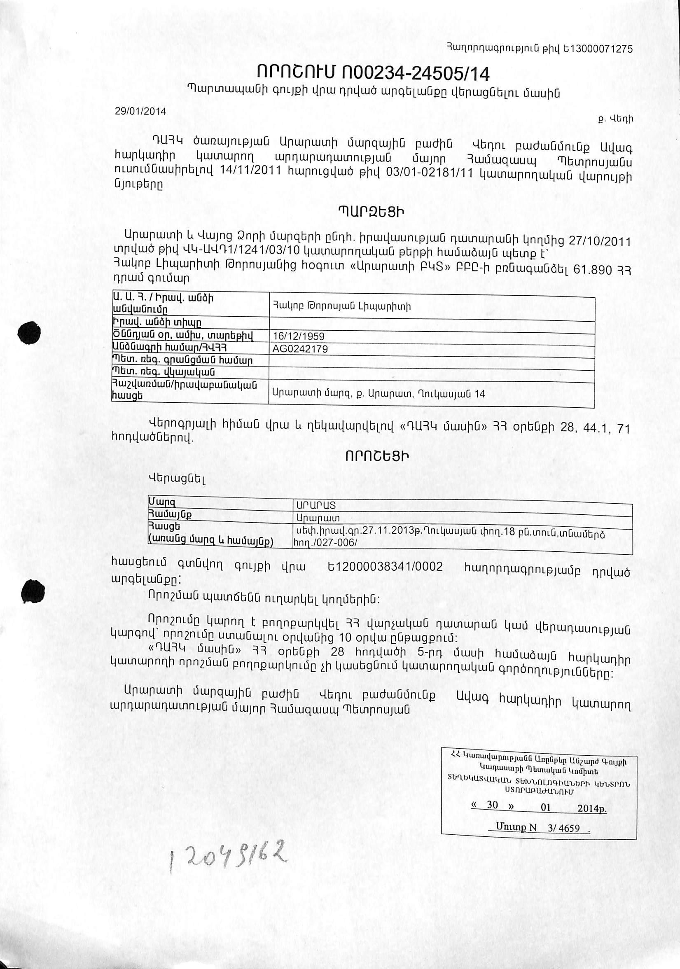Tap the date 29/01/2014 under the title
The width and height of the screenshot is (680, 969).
point(140,112)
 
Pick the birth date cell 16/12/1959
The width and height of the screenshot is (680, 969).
point(299,336)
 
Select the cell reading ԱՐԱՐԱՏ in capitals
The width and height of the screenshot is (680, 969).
point(316,505)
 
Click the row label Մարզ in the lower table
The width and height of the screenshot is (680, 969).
point(162,502)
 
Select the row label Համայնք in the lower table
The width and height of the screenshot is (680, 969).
point(169,515)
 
